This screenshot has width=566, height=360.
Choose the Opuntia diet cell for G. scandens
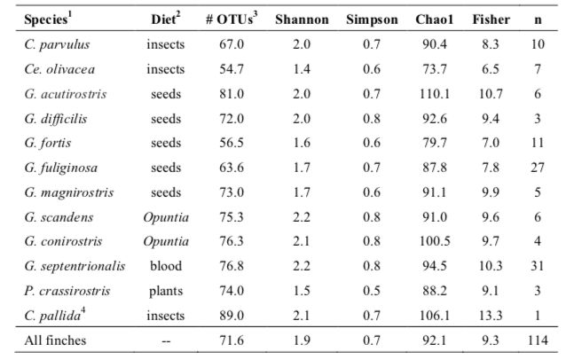[x=167, y=216]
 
